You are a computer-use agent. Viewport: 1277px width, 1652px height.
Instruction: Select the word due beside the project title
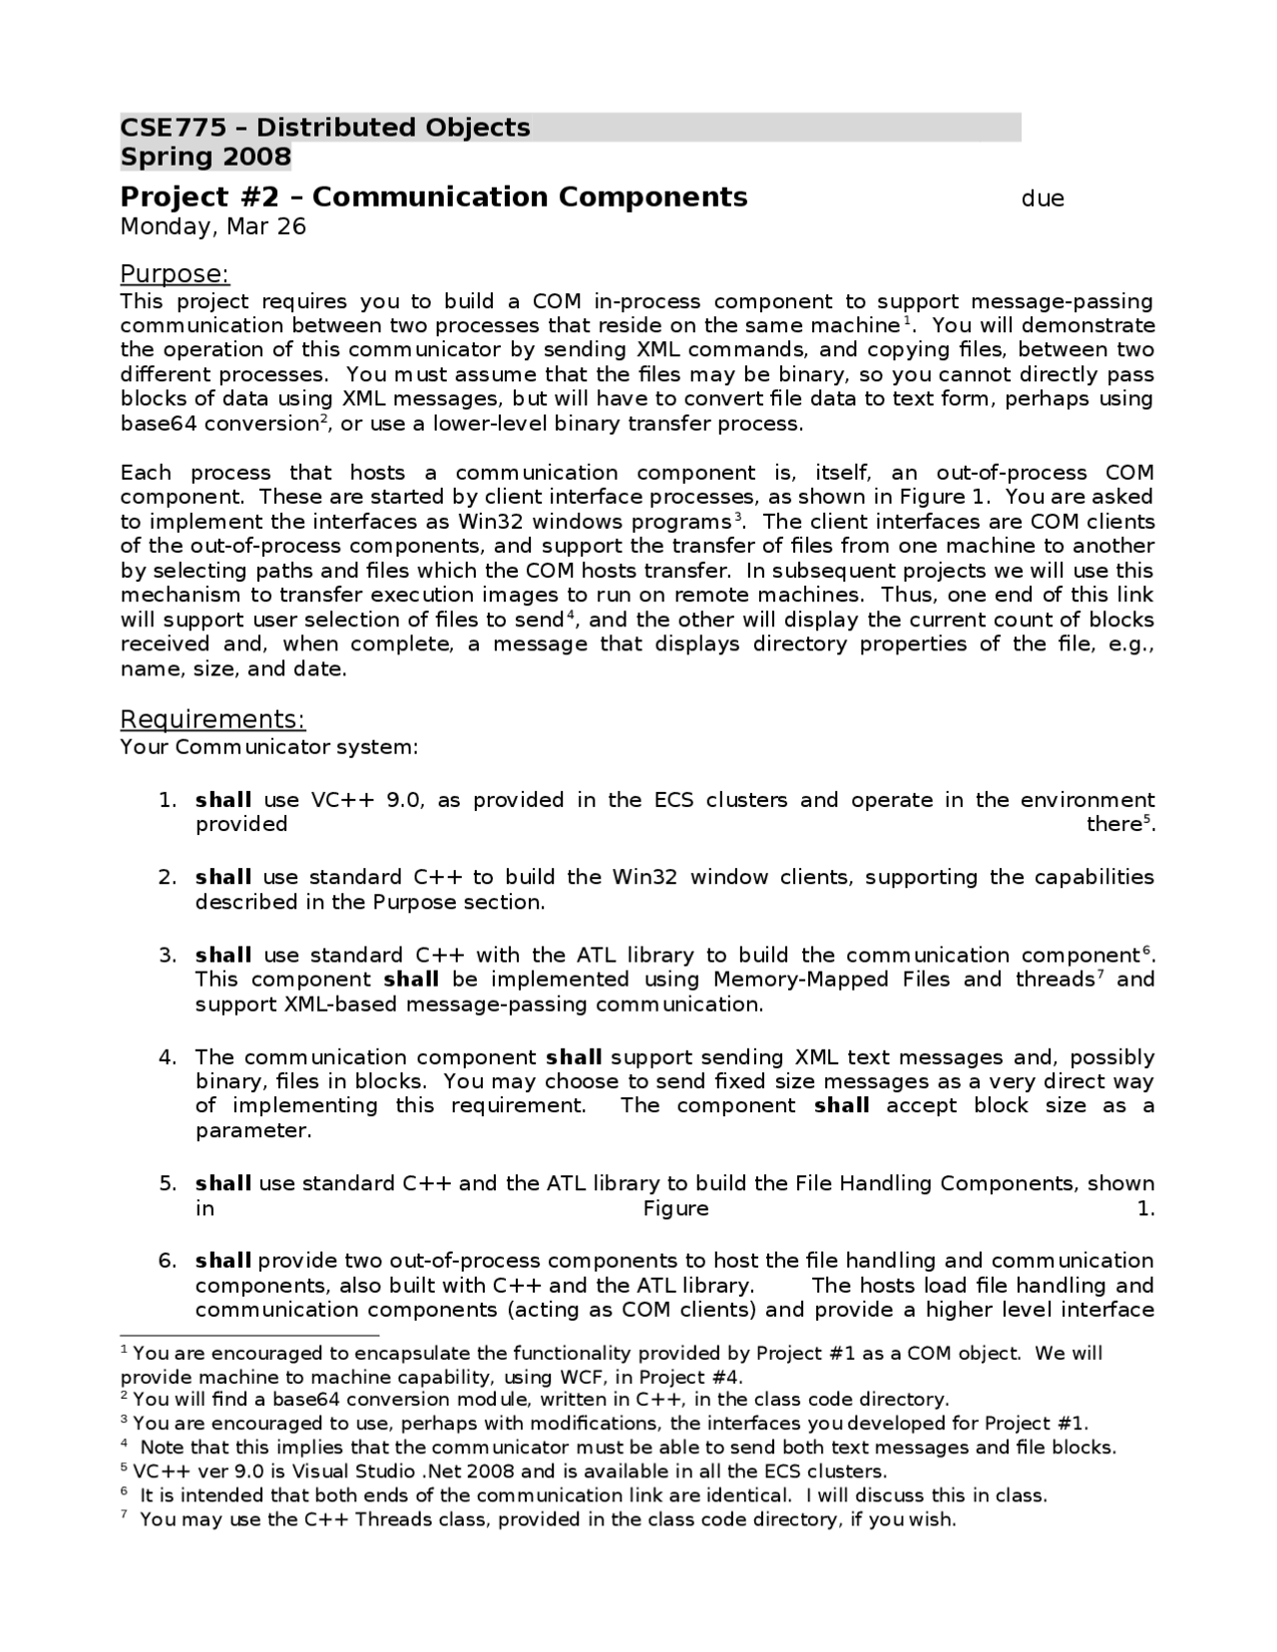tap(1043, 199)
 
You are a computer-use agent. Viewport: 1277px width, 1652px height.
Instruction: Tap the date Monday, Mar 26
tap(213, 226)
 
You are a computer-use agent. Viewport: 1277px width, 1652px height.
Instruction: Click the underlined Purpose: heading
tap(175, 274)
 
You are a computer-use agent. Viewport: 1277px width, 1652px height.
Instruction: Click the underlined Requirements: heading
tap(213, 719)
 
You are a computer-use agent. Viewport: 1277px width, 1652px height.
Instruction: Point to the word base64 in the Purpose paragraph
tap(158, 424)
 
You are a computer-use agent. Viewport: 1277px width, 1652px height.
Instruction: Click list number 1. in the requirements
tap(168, 800)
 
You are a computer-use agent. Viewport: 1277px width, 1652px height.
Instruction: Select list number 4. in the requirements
tap(168, 1057)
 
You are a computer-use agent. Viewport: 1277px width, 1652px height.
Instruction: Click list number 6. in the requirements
tap(168, 1261)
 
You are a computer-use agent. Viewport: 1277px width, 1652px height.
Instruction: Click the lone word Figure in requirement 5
tap(675, 1209)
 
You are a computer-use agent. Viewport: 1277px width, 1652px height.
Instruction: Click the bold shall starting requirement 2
tap(222, 878)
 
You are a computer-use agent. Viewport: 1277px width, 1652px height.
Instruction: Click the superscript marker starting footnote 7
tap(124, 1514)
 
